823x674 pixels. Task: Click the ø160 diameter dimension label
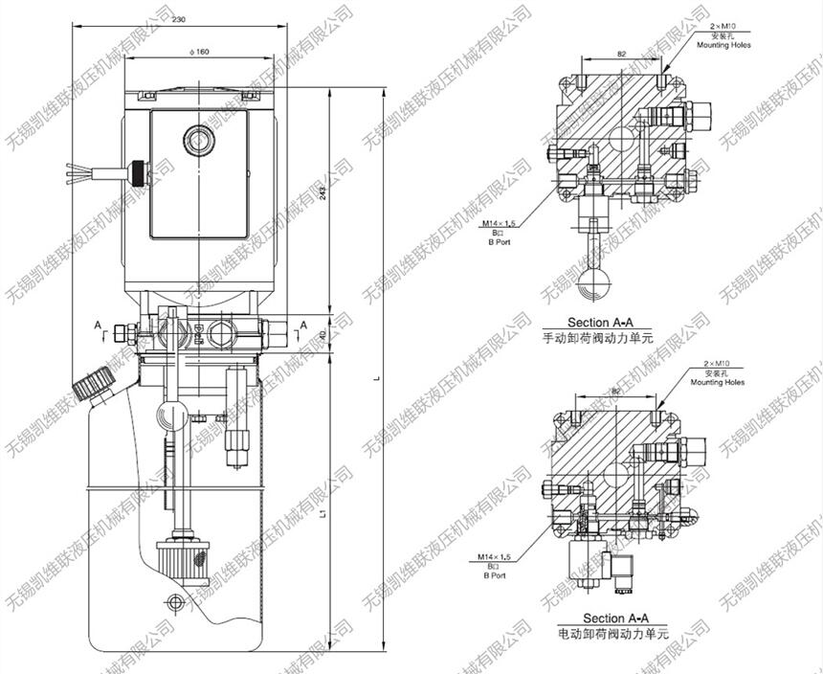tap(201, 52)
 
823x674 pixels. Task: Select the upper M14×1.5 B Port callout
tap(498, 231)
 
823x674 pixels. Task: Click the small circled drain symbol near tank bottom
tap(174, 601)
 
